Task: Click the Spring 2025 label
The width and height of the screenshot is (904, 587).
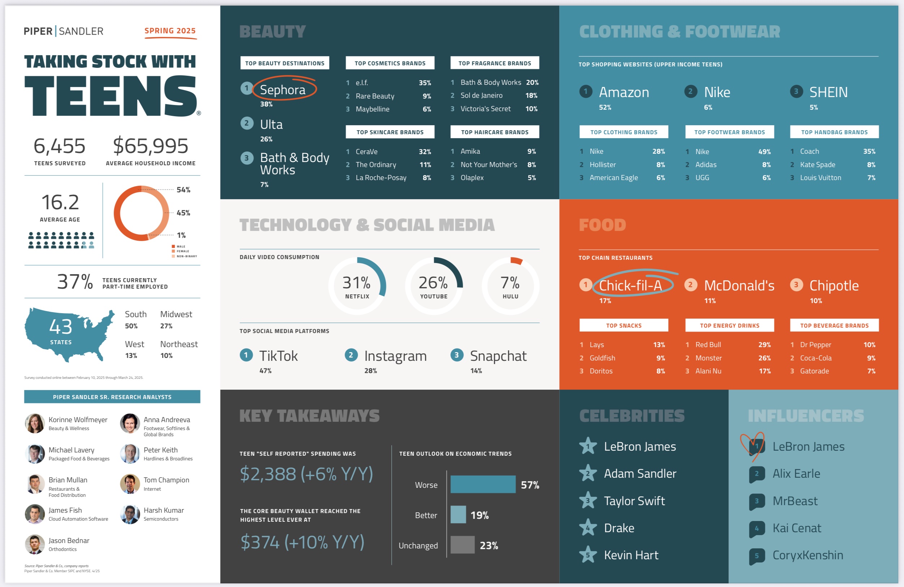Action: click(x=170, y=31)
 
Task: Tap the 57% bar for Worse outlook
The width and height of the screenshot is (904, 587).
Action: click(x=482, y=485)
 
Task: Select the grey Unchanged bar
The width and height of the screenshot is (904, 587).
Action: click(x=462, y=545)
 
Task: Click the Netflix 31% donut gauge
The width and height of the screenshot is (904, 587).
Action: click(x=357, y=285)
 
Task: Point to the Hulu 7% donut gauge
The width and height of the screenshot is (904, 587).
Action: click(x=510, y=285)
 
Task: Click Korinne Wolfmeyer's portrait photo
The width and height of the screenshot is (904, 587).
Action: click(x=35, y=423)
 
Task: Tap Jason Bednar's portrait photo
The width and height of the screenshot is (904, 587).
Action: click(x=35, y=544)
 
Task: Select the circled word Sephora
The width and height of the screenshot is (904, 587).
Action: click(x=283, y=89)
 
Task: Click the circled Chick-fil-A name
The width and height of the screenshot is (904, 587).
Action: click(x=630, y=285)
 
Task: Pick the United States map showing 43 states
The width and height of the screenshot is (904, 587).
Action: click(x=68, y=334)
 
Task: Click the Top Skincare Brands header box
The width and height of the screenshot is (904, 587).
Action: click(x=390, y=132)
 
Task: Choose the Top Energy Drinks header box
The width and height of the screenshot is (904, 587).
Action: click(x=729, y=325)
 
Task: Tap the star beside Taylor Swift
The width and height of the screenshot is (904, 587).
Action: click(x=588, y=500)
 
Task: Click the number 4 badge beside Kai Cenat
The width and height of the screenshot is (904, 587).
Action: click(x=757, y=528)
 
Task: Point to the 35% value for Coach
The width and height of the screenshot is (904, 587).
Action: click(x=869, y=152)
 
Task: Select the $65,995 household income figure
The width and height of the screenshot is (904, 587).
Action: click(x=151, y=146)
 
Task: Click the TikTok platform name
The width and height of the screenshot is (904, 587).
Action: click(x=278, y=356)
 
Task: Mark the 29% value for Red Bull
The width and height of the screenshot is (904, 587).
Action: click(x=764, y=345)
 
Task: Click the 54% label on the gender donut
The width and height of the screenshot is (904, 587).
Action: click(x=183, y=190)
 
